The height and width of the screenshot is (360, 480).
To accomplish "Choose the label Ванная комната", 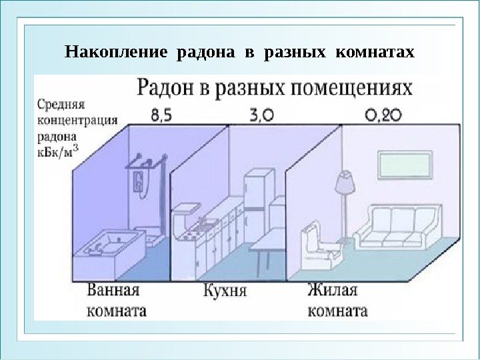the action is (x=116, y=301).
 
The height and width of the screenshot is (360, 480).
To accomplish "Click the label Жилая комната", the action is (x=337, y=301).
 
